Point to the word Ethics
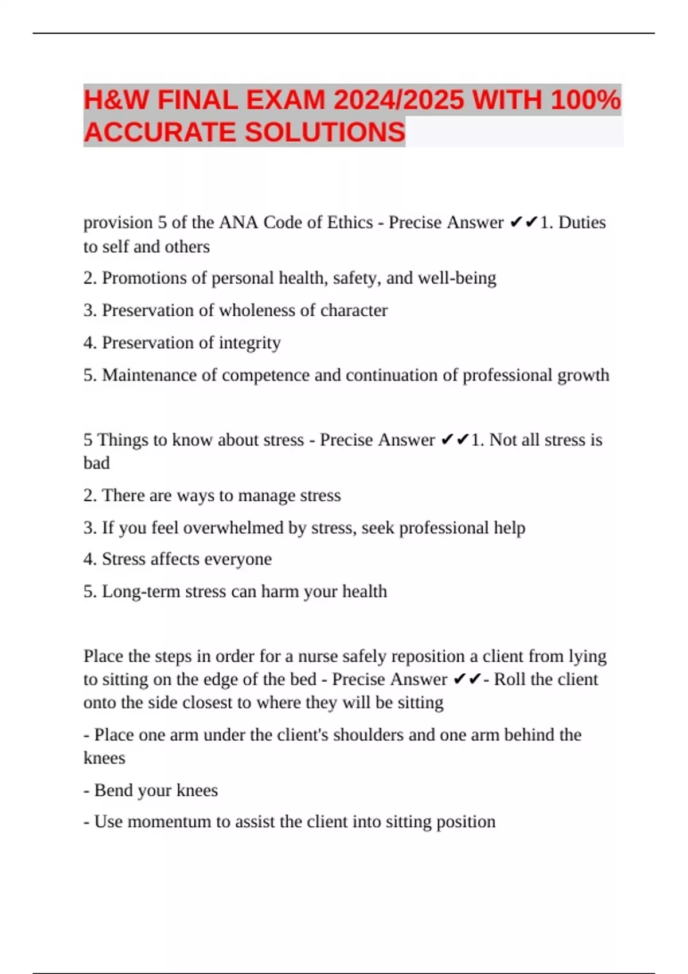[x=350, y=222]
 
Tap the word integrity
[x=250, y=343]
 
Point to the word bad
[x=96, y=462]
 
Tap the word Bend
[x=112, y=790]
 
